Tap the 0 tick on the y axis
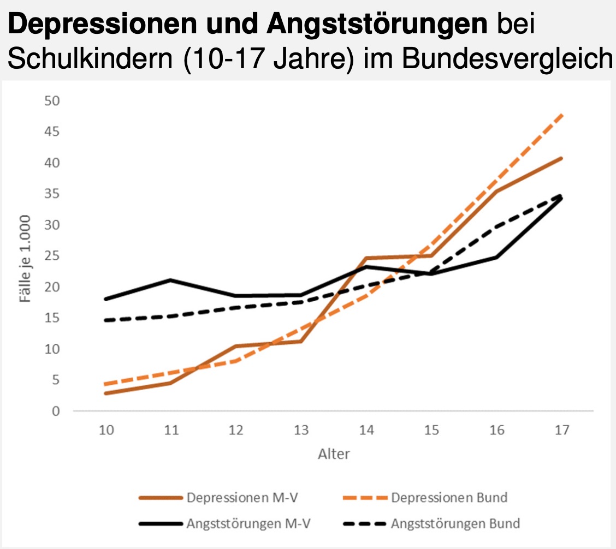[x=56, y=411]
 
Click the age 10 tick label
[x=106, y=430]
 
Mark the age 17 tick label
[x=561, y=430]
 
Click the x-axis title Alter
[x=334, y=454]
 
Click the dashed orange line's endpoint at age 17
[x=561, y=115]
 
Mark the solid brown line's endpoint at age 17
[x=561, y=158]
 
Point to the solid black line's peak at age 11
[x=171, y=280]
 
